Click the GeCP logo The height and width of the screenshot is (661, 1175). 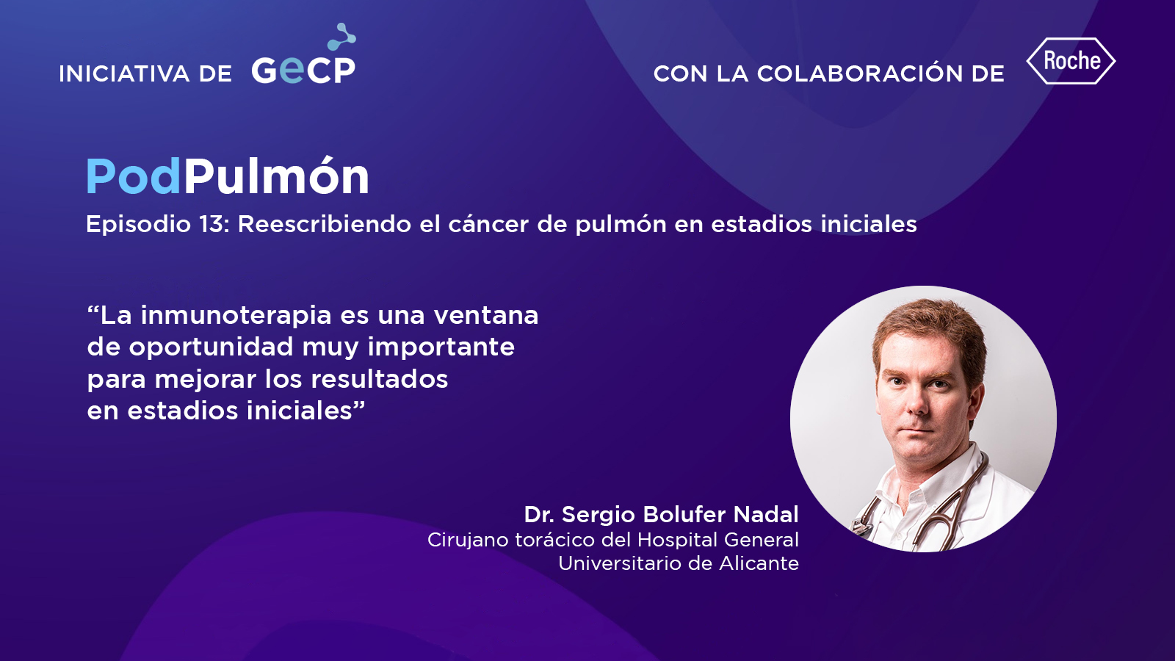tap(304, 54)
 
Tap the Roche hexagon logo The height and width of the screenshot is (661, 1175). tap(1071, 61)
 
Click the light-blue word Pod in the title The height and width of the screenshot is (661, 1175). tap(133, 177)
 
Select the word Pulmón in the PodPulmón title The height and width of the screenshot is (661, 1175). tap(276, 176)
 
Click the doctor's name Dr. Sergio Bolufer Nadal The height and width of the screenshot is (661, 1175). tap(661, 515)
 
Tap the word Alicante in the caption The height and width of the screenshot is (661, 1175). tap(759, 563)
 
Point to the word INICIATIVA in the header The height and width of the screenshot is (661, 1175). tap(124, 74)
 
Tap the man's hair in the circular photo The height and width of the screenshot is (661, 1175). tap(928, 325)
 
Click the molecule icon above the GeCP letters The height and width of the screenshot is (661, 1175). tap(341, 36)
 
